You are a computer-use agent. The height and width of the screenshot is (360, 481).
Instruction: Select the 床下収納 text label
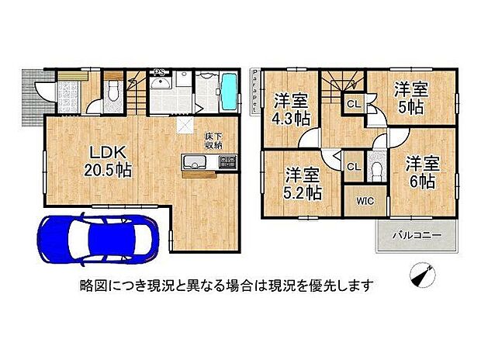click(214, 140)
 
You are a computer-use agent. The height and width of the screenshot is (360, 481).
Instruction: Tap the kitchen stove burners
click(227, 163)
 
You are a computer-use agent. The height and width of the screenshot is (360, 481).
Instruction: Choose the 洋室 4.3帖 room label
click(292, 109)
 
